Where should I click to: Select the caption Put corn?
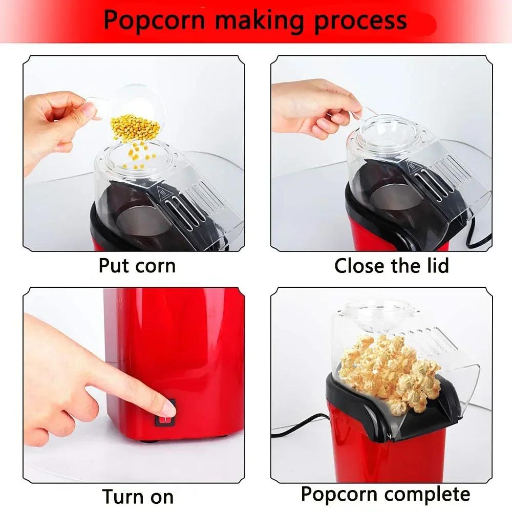pyautogui.click(x=137, y=266)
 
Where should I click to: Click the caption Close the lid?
pyautogui.click(x=391, y=266)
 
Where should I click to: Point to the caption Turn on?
pyautogui.click(x=137, y=497)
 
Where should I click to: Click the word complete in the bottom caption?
pyautogui.click(x=427, y=495)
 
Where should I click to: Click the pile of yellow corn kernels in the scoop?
pyautogui.click(x=135, y=127)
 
